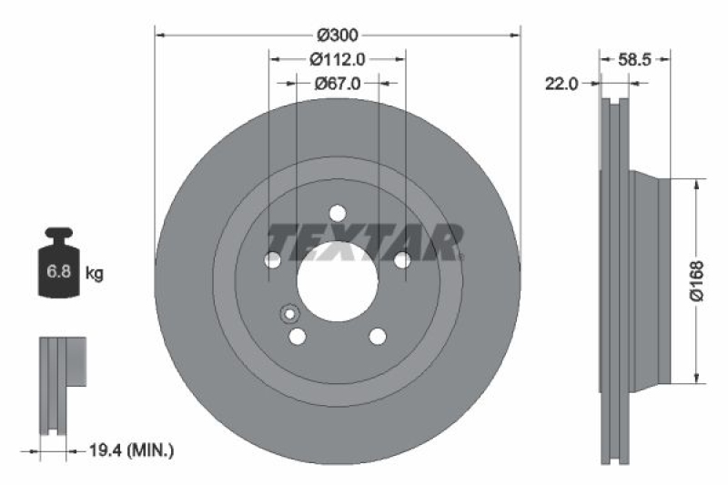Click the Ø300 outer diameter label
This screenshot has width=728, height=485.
(x=338, y=35)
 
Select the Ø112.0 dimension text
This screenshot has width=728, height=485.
(x=338, y=59)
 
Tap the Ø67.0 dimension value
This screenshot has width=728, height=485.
(x=338, y=83)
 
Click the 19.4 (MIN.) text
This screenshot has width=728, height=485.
(x=133, y=450)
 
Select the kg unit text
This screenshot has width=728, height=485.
(x=94, y=272)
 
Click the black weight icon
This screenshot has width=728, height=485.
(x=59, y=263)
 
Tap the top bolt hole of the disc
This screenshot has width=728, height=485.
(x=338, y=213)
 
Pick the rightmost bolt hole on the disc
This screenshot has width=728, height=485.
(x=402, y=260)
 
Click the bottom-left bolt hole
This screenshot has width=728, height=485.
(x=298, y=337)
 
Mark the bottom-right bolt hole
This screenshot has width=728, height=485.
(x=378, y=337)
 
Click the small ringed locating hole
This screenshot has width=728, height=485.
(x=288, y=314)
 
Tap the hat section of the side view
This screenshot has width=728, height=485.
(x=649, y=279)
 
